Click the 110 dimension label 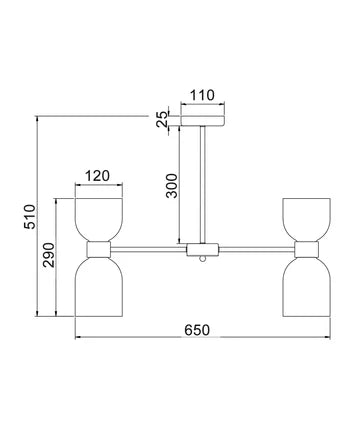[202, 95]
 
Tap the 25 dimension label [162, 119]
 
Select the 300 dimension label [172, 186]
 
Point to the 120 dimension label [97, 176]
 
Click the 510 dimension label [29, 217]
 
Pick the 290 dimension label [48, 255]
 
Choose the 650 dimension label [197, 330]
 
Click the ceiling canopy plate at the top [203, 121]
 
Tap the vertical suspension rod [202, 185]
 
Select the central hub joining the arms [202, 249]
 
